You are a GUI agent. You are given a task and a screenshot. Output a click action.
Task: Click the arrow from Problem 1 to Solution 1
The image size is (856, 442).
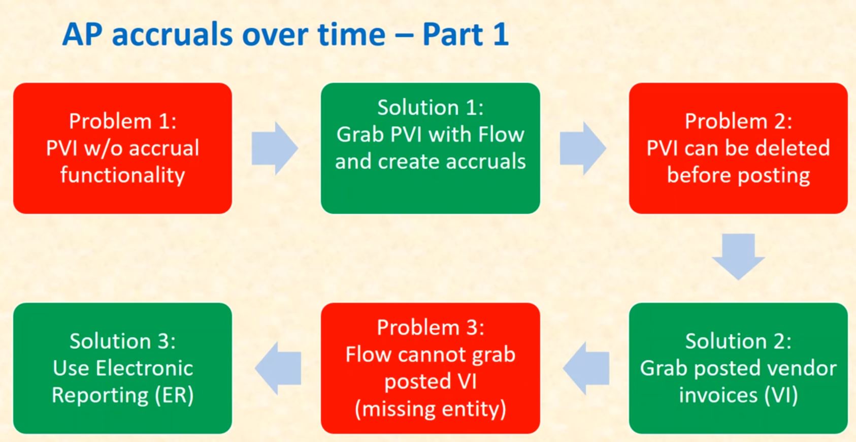coord(275,148)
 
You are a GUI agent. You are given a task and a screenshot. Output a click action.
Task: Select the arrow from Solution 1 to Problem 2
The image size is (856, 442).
coord(583,148)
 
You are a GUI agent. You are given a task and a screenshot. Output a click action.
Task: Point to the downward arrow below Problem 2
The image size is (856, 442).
coord(738,256)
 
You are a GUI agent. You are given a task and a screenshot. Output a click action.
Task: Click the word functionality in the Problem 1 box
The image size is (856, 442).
coord(122,175)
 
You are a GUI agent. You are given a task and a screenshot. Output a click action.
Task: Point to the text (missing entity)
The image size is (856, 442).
coord(430,409)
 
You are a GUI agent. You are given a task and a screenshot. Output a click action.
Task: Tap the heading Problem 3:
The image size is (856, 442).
coord(430,328)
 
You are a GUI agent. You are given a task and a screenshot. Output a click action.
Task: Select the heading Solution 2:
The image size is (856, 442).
coord(738,341)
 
